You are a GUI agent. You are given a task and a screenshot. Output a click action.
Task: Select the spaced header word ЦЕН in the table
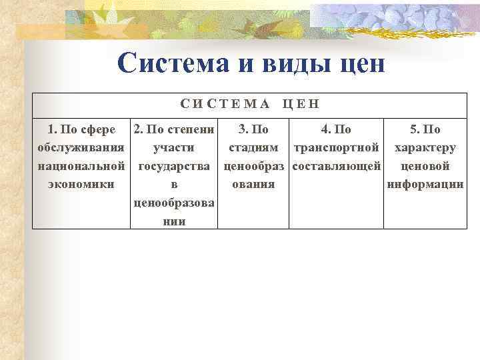(301, 104)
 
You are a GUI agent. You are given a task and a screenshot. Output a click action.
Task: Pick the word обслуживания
(81, 147)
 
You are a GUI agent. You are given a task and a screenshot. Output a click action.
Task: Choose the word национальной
(81, 165)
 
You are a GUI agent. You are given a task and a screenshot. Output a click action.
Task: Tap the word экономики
(81, 184)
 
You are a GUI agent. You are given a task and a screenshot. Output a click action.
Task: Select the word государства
(174, 165)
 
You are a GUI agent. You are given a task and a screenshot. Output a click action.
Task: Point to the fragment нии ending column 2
(174, 221)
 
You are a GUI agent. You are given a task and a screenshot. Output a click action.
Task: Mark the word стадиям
(253, 147)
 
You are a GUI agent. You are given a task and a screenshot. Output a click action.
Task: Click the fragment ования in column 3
(253, 184)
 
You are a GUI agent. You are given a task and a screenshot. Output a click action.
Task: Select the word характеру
(425, 147)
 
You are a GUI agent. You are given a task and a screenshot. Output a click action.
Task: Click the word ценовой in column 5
(425, 165)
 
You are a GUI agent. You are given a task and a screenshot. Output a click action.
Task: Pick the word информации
(425, 184)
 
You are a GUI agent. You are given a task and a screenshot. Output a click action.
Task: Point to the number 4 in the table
(324, 129)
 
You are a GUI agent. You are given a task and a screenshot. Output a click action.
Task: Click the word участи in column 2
(174, 147)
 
